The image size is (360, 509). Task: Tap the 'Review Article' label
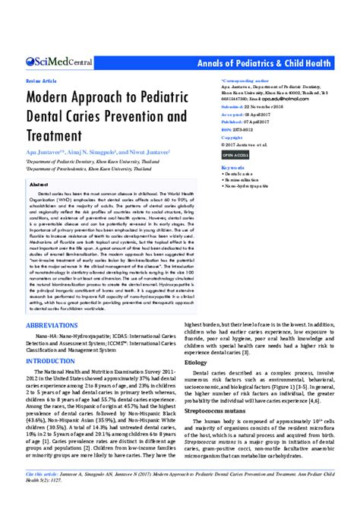(43, 79)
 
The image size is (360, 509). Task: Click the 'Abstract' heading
(39, 185)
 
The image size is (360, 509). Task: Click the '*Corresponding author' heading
(245, 79)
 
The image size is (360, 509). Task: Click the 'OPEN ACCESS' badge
(235, 154)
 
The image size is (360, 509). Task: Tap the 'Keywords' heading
(233, 167)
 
